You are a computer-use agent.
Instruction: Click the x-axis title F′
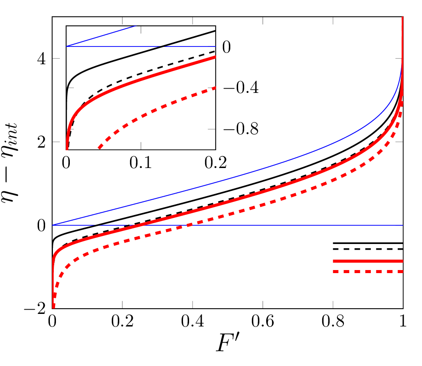point(228,343)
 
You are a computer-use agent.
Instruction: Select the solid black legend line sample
point(368,243)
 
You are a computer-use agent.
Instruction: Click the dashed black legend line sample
point(368,249)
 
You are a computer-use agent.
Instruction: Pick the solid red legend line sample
point(368,261)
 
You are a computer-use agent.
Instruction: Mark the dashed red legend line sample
point(368,272)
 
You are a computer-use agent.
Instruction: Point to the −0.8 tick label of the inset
point(241,129)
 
